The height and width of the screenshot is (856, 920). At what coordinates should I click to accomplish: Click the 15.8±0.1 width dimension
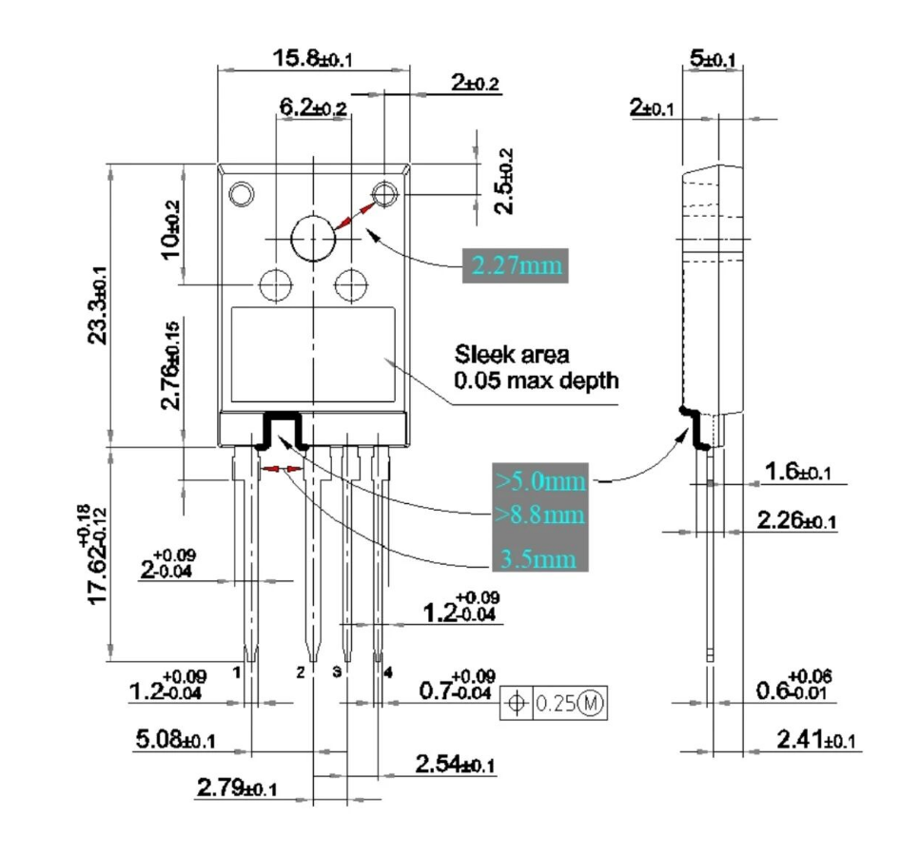pyautogui.click(x=312, y=59)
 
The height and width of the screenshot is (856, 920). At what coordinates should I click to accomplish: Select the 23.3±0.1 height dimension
pyautogui.click(x=98, y=305)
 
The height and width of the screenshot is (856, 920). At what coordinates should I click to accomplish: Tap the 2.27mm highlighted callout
pyautogui.click(x=516, y=265)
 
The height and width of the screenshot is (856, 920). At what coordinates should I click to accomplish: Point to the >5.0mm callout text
pyautogui.click(x=540, y=481)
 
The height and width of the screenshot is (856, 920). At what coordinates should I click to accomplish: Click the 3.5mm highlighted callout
pyautogui.click(x=538, y=558)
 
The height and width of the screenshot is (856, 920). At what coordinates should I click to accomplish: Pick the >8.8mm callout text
pyautogui.click(x=539, y=516)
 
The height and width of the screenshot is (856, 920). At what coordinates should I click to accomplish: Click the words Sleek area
pyautogui.click(x=512, y=355)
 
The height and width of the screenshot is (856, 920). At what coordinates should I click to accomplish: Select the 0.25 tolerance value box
pyautogui.click(x=555, y=703)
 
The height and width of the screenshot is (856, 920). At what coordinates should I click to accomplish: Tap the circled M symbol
pyautogui.click(x=590, y=703)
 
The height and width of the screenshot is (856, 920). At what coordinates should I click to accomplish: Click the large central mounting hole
pyautogui.click(x=313, y=239)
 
